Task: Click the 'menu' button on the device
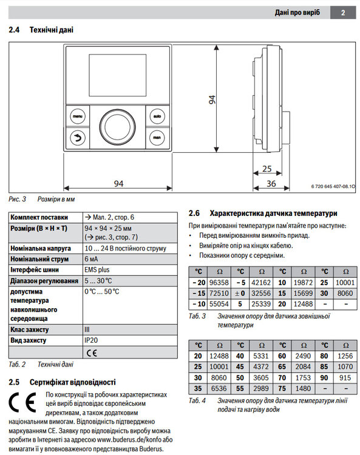pyautogui.click(x=78, y=115)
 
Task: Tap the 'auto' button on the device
pyautogui.click(x=156, y=115)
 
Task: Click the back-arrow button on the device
pyautogui.click(x=78, y=137)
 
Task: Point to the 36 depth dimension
pyautogui.click(x=271, y=184)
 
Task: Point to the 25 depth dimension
pyautogui.click(x=267, y=169)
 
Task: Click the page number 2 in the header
pyautogui.click(x=342, y=12)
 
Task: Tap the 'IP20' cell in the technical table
pyautogui.click(x=91, y=341)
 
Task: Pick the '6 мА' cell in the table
pyautogui.click(x=93, y=259)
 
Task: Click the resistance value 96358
pyautogui.click(x=218, y=282)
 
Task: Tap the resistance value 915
pyautogui.click(x=345, y=377)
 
